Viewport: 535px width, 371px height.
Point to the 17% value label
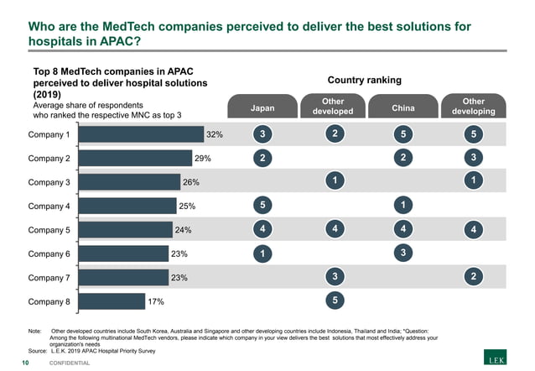coord(156,300)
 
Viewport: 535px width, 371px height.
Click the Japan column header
coord(262,107)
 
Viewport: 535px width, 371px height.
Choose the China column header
coord(403,107)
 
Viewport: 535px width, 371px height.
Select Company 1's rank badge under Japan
coord(262,134)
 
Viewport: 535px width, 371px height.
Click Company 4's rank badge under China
coord(403,204)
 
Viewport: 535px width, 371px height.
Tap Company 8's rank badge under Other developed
coord(334,300)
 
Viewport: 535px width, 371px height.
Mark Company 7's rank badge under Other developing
coord(474,276)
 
